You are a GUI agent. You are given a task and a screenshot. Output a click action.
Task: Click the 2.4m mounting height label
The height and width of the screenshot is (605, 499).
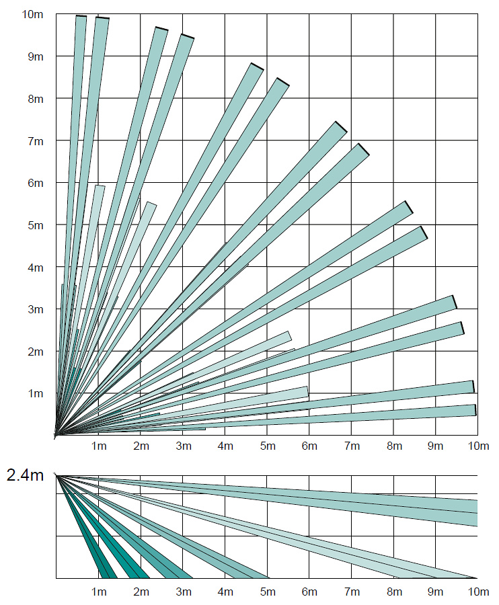(25, 476)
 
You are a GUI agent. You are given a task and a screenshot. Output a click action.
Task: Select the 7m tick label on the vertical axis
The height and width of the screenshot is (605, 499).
(35, 141)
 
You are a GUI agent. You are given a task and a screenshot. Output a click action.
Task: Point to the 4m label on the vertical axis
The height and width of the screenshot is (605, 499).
(35, 268)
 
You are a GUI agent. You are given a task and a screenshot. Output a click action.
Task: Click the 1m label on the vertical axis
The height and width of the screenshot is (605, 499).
(35, 393)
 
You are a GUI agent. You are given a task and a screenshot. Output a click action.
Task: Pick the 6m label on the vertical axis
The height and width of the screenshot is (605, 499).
(35, 184)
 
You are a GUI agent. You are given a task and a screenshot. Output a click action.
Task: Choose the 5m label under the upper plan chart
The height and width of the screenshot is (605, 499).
(267, 446)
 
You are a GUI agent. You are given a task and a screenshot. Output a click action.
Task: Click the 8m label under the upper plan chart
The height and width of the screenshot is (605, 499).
(393, 446)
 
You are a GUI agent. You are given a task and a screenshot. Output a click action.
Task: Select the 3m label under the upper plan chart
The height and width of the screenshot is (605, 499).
(183, 446)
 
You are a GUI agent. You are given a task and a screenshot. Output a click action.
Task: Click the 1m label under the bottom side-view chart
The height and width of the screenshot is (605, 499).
(99, 592)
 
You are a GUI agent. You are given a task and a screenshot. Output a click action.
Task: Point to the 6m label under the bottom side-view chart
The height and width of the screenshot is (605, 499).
(309, 592)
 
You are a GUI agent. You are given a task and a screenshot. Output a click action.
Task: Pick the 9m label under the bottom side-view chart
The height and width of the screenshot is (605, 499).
(436, 592)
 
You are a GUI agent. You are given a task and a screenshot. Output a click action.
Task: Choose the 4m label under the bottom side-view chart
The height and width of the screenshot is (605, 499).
(225, 592)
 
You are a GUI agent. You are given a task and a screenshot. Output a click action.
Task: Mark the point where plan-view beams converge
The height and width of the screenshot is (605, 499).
(56, 435)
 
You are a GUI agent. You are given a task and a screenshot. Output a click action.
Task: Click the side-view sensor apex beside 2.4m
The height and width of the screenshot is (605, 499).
(56, 475)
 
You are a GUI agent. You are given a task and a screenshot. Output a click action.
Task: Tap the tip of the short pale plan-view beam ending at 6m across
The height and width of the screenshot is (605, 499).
(306, 392)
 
